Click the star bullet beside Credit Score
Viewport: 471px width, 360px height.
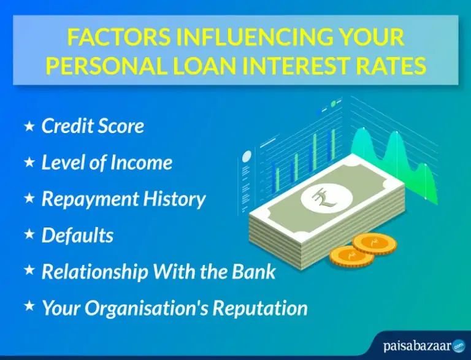point(29,126)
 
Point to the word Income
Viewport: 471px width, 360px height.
point(141,163)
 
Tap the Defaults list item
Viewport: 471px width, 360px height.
point(77,235)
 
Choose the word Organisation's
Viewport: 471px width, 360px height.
point(146,308)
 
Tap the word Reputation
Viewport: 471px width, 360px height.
point(260,308)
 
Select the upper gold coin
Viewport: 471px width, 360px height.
point(374,243)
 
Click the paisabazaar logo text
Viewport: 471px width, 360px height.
point(417,345)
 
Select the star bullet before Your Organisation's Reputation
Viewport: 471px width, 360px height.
point(29,307)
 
